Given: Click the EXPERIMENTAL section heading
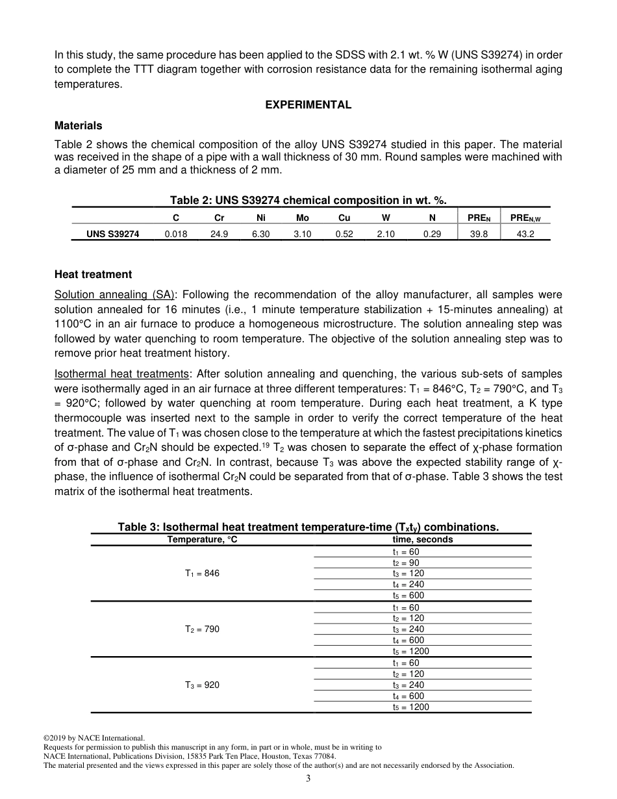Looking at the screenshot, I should click(308, 105).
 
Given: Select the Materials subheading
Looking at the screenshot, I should click(78, 125).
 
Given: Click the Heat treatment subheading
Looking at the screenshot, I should click(93, 274).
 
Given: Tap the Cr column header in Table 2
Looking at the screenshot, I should click(219, 218).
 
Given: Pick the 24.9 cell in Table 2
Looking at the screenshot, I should click(219, 234).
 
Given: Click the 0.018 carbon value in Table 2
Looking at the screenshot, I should click(176, 234).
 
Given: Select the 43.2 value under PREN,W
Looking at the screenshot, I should click(525, 234).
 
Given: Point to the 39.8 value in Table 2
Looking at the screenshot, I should click(479, 234).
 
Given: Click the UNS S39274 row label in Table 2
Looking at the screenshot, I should click(113, 234).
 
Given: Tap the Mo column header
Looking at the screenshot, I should click(302, 218).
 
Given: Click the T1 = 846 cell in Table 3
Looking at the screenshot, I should click(202, 574).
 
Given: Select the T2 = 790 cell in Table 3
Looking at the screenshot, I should click(202, 629).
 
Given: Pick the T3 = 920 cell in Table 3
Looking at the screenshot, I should click(202, 685).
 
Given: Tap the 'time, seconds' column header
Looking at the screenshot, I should click(422, 539).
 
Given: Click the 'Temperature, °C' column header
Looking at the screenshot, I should click(202, 539).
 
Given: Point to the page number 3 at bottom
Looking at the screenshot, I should click(308, 779).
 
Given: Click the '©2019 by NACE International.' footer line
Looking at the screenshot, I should click(94, 738).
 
